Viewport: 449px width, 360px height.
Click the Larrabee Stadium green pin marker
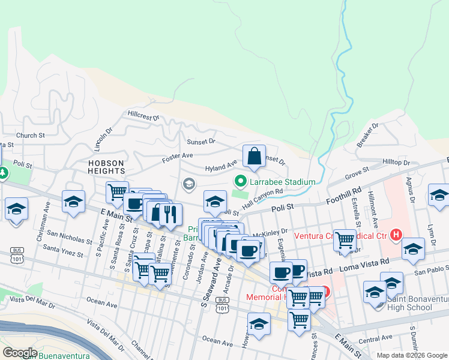pyautogui.click(x=241, y=181)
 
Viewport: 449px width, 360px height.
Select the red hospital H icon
pyautogui.click(x=396, y=234)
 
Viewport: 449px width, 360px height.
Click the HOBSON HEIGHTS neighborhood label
pyautogui.click(x=106, y=167)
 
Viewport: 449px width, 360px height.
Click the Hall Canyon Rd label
pyautogui.click(x=262, y=199)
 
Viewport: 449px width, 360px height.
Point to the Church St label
pyautogui.click(x=31, y=136)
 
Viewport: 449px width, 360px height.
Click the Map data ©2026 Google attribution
pyautogui.click(x=411, y=355)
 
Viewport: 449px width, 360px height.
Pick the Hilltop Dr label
pyautogui.click(x=396, y=163)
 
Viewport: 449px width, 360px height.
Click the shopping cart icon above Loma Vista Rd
pyautogui.click(x=345, y=240)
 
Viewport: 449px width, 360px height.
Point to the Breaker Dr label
pyautogui.click(x=367, y=136)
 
